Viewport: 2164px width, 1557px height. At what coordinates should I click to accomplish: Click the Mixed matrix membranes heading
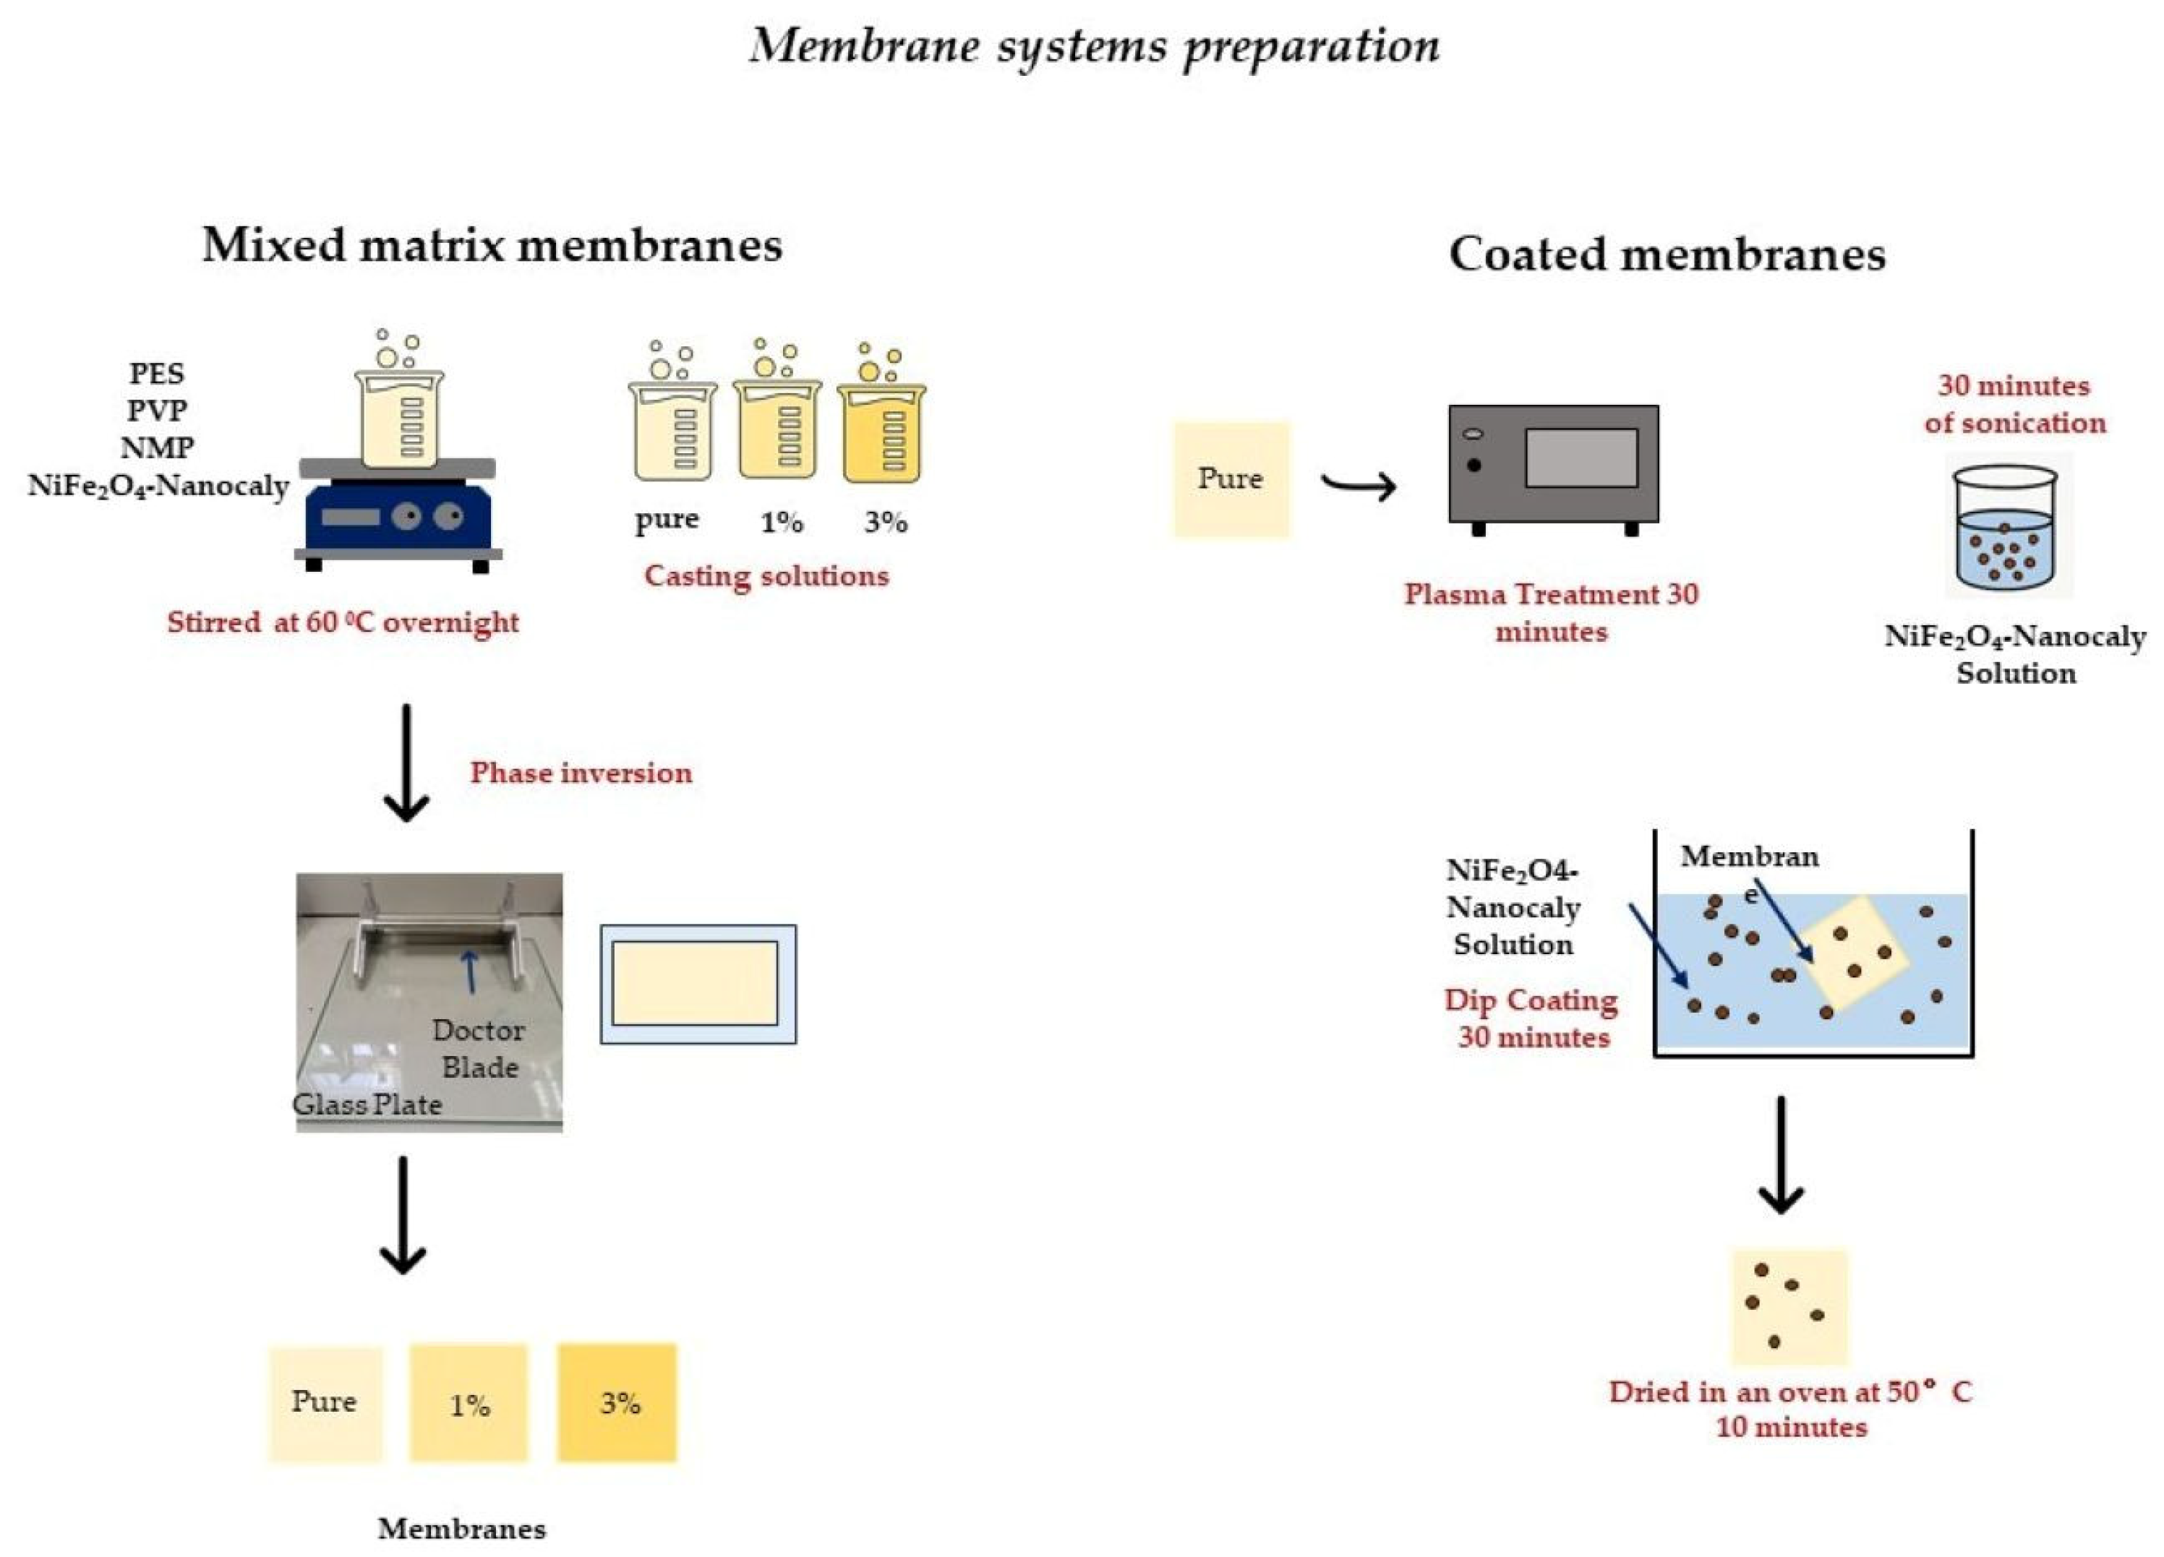click(492, 245)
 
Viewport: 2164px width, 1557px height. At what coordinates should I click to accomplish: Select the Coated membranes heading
click(1666, 254)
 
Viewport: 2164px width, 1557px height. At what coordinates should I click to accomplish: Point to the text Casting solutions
click(766, 576)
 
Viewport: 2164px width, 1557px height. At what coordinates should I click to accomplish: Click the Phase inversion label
click(580, 773)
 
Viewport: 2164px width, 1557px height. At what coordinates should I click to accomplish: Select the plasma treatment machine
click(1552, 465)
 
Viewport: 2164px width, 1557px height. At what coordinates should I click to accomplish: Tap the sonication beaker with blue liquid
click(2003, 530)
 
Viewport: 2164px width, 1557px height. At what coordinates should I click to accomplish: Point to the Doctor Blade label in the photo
click(478, 1049)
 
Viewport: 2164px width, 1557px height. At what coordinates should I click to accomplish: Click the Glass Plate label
click(367, 1105)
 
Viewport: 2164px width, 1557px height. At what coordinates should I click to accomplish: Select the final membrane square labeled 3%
click(617, 1402)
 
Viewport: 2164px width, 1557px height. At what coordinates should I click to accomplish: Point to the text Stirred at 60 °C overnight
click(343, 623)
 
